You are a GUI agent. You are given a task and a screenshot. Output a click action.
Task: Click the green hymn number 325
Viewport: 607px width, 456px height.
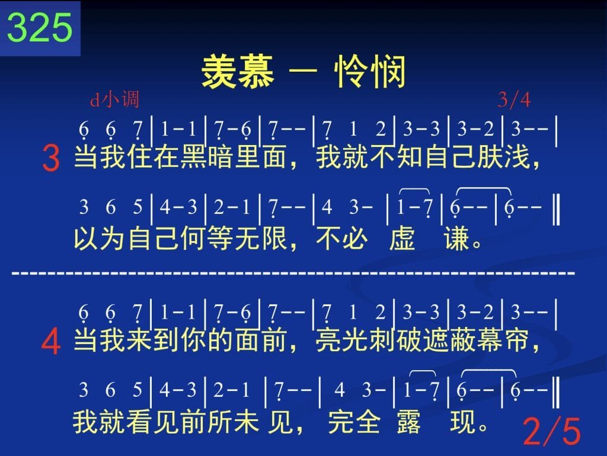click(40, 27)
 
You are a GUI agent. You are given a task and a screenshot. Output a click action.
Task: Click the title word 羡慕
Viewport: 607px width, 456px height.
click(238, 72)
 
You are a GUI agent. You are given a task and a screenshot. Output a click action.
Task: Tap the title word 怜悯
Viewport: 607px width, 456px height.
click(370, 72)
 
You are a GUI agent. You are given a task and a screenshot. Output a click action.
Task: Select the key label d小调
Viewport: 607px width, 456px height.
click(114, 99)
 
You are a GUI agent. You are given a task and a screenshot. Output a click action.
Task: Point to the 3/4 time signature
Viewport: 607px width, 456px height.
click(514, 99)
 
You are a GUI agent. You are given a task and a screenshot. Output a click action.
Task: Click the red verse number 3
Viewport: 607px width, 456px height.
click(51, 158)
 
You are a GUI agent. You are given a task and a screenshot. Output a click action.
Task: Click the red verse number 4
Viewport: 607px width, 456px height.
click(51, 342)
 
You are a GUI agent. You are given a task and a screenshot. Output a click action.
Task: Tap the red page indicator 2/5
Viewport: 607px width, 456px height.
click(552, 431)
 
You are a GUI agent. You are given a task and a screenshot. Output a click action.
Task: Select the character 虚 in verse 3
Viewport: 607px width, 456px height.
click(402, 239)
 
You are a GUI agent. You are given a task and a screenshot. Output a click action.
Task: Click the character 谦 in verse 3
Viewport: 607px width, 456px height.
click(457, 239)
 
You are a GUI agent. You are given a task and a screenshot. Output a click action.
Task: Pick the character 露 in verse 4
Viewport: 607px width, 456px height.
click(409, 422)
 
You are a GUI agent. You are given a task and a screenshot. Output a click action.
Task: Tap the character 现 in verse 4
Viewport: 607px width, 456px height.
click(463, 422)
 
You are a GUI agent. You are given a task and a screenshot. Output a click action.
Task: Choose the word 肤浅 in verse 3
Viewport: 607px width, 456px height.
click(503, 157)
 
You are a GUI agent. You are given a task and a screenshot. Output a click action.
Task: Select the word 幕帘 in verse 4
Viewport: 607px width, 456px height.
click(503, 341)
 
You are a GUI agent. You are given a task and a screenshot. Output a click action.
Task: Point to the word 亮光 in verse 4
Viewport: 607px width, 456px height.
click(342, 341)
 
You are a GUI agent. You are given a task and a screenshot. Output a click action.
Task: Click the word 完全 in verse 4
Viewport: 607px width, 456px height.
click(354, 422)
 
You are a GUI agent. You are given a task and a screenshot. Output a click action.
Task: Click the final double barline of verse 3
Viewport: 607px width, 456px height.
click(556, 210)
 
